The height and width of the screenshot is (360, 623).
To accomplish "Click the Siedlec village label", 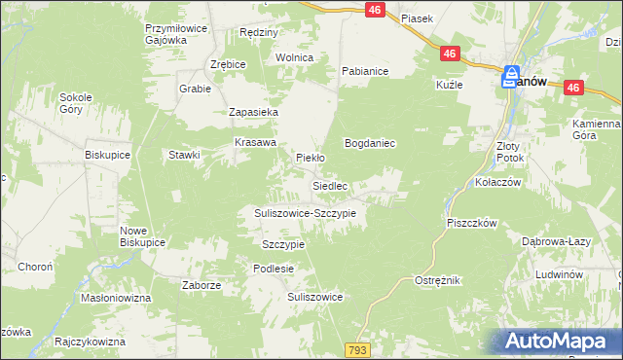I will coord(330,185).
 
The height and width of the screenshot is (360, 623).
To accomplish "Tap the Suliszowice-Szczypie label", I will coord(305,212).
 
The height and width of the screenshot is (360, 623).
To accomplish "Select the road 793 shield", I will coord(356,348).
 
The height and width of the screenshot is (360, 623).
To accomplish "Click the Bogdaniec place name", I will coord(369,143).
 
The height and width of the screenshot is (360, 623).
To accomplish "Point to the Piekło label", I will coord(310,157).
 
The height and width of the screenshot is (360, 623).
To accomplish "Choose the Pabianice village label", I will coord(365,71).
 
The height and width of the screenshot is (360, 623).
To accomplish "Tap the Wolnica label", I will coord(294,57).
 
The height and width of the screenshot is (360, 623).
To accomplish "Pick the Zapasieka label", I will coord(254,112).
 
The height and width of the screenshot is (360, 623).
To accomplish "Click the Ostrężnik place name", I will coord(436,279).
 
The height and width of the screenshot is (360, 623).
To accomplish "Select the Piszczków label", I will coord(472,223).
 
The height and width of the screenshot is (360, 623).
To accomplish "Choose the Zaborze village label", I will coord(202,285).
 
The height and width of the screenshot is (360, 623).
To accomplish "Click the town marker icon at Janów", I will coord(511,80).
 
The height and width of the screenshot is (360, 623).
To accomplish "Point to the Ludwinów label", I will coord(558,275).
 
